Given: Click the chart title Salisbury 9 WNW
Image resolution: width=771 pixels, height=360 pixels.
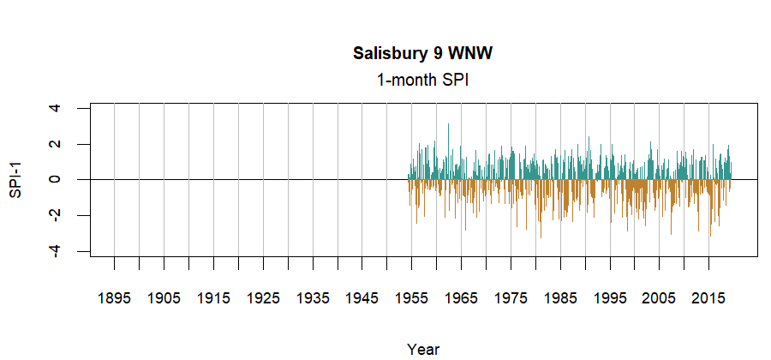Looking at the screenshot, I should click(x=423, y=54).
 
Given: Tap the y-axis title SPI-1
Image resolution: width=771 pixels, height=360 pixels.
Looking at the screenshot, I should click(x=15, y=179).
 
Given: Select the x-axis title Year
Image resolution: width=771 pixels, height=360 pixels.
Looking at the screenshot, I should click(x=423, y=349).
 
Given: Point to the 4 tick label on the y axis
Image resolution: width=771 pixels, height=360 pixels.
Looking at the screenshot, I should click(x=55, y=108).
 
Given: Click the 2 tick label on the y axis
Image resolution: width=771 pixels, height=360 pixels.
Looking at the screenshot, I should click(x=55, y=144).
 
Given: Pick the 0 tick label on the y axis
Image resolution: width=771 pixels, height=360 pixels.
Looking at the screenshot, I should click(x=55, y=179).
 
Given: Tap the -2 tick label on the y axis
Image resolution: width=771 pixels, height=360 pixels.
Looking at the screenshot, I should click(x=55, y=215).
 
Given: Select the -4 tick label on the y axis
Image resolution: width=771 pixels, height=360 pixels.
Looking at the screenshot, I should click(x=55, y=250).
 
